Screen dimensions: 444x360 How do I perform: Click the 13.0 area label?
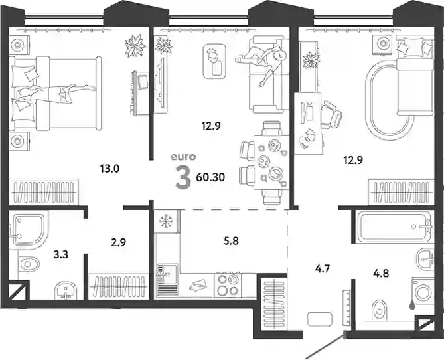pos(110,169)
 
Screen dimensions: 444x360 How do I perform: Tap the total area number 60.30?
pos(210,177)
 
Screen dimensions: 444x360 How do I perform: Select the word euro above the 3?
pos(183,157)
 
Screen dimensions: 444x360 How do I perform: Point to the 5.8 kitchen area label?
pos(231,241)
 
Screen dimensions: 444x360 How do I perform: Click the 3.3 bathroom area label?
pos(61,255)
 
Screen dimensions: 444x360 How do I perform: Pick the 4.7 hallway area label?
pos(323,268)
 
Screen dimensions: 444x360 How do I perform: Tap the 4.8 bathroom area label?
pos(381,273)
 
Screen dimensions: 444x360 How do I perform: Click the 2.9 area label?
pos(118,242)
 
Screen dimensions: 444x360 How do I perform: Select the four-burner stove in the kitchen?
pos(228,285)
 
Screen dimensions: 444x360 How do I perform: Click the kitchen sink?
pos(167,280)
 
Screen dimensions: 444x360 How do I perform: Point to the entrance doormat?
pos(319,319)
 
